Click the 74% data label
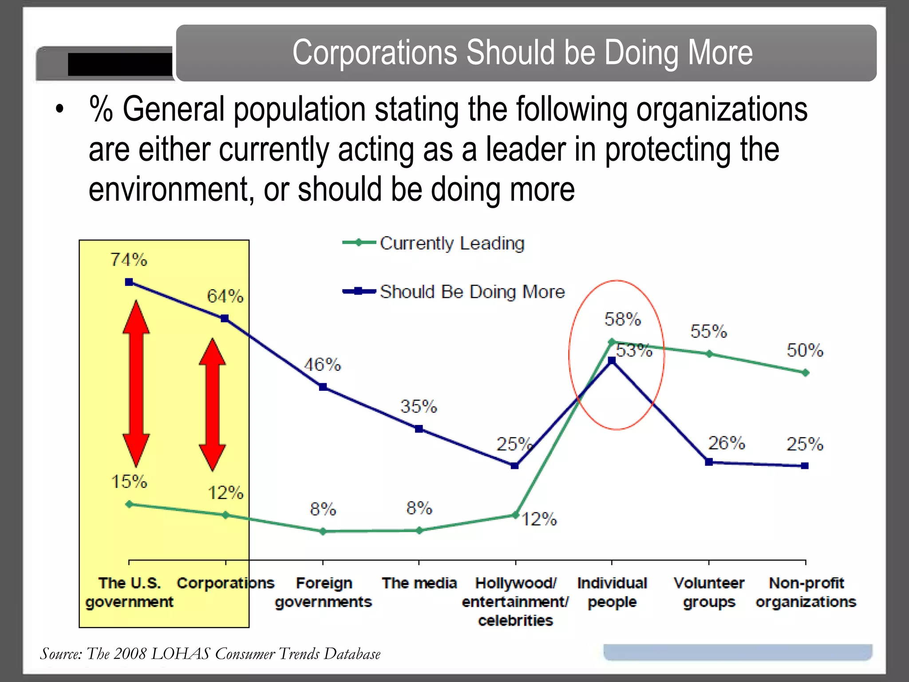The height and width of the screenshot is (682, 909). [x=129, y=260]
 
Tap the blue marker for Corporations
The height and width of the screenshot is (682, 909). [x=225, y=318]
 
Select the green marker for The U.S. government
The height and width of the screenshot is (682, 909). [x=129, y=504]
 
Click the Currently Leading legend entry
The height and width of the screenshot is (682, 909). [x=452, y=243]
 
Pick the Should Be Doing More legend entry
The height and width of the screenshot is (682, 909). [x=472, y=292]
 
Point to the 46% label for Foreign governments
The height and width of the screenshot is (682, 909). [x=323, y=365]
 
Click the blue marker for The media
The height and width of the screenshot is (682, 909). [x=419, y=429]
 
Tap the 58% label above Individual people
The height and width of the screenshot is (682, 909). [x=623, y=319]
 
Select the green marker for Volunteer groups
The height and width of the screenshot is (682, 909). [x=709, y=354]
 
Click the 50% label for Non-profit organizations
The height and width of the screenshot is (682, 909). [x=805, y=350]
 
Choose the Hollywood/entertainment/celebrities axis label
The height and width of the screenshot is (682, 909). [x=515, y=602]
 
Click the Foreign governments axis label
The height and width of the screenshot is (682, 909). [x=324, y=592]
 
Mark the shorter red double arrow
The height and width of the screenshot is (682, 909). [x=212, y=404]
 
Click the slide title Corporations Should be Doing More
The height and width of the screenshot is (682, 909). [x=522, y=52]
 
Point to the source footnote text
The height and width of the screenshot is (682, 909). [x=210, y=654]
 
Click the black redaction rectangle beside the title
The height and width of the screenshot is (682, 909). [x=120, y=64]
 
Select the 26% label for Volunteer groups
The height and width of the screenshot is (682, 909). [x=726, y=443]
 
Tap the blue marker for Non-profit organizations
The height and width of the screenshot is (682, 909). [x=805, y=466]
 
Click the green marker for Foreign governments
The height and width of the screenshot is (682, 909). [x=323, y=531]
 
